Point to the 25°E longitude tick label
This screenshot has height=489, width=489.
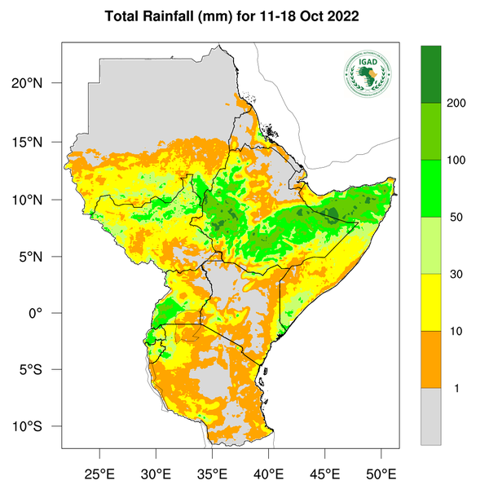pyautogui.click(x=99, y=473)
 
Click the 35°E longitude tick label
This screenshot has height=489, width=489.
pyautogui.click(x=212, y=473)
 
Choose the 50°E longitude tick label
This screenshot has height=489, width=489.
pyautogui.click(x=381, y=473)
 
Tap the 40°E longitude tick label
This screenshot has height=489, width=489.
pyautogui.click(x=268, y=473)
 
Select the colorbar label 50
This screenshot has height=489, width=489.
pyautogui.click(x=457, y=218)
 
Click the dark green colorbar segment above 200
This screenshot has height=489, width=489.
pyautogui.click(x=430, y=74)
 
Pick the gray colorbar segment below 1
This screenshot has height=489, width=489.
pyautogui.click(x=430, y=416)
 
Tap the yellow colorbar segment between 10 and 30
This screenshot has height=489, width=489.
pyautogui.click(x=430, y=302)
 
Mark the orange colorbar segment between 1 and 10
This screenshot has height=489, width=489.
pyautogui.click(x=430, y=359)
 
